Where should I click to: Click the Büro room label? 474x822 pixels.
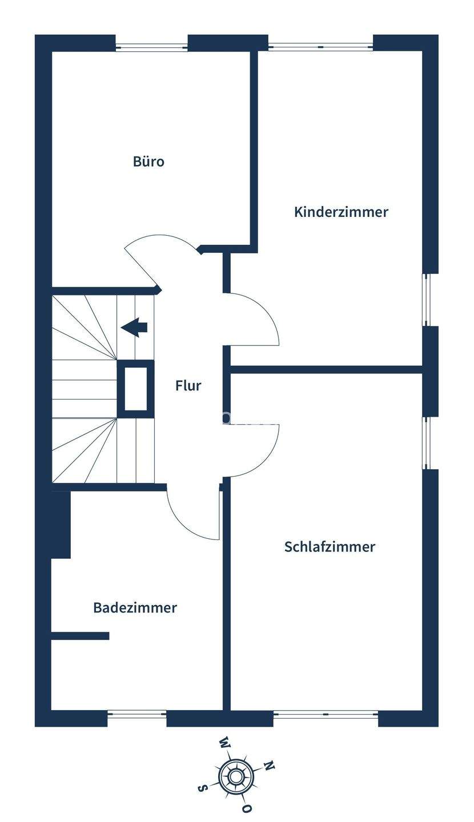point(148,162)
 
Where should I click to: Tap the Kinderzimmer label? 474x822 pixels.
point(341,212)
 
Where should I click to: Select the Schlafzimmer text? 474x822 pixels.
point(330,547)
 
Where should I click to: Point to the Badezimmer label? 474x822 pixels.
point(135,607)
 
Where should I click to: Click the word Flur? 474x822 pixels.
point(188,386)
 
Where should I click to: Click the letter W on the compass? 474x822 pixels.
point(224,743)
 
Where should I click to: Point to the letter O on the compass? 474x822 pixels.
point(247,808)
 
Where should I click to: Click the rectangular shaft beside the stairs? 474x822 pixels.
point(135,389)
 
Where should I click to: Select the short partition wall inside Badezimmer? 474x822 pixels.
point(80,636)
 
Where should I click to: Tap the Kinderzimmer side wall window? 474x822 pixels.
point(426,300)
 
